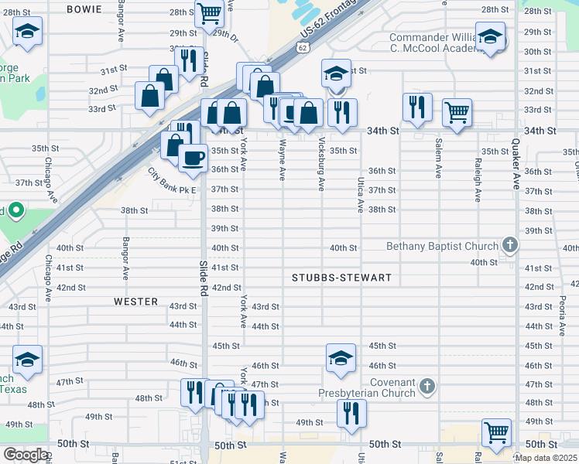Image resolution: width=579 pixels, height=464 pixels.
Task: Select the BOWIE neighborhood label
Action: pos(84,9)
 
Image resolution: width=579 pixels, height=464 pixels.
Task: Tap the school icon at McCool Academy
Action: pos(490,36)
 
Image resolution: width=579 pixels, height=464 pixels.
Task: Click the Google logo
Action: pos(25,455)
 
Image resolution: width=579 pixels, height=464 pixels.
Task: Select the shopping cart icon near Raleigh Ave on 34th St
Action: pos(457,112)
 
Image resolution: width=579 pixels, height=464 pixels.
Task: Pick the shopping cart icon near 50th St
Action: pos(496,432)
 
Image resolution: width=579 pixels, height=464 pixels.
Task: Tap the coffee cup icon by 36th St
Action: pos(193,157)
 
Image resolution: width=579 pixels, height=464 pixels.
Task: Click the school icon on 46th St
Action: pos(341,357)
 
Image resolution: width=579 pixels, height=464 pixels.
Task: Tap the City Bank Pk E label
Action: pos(173,189)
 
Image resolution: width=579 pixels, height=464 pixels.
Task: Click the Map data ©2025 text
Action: pos(546,458)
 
